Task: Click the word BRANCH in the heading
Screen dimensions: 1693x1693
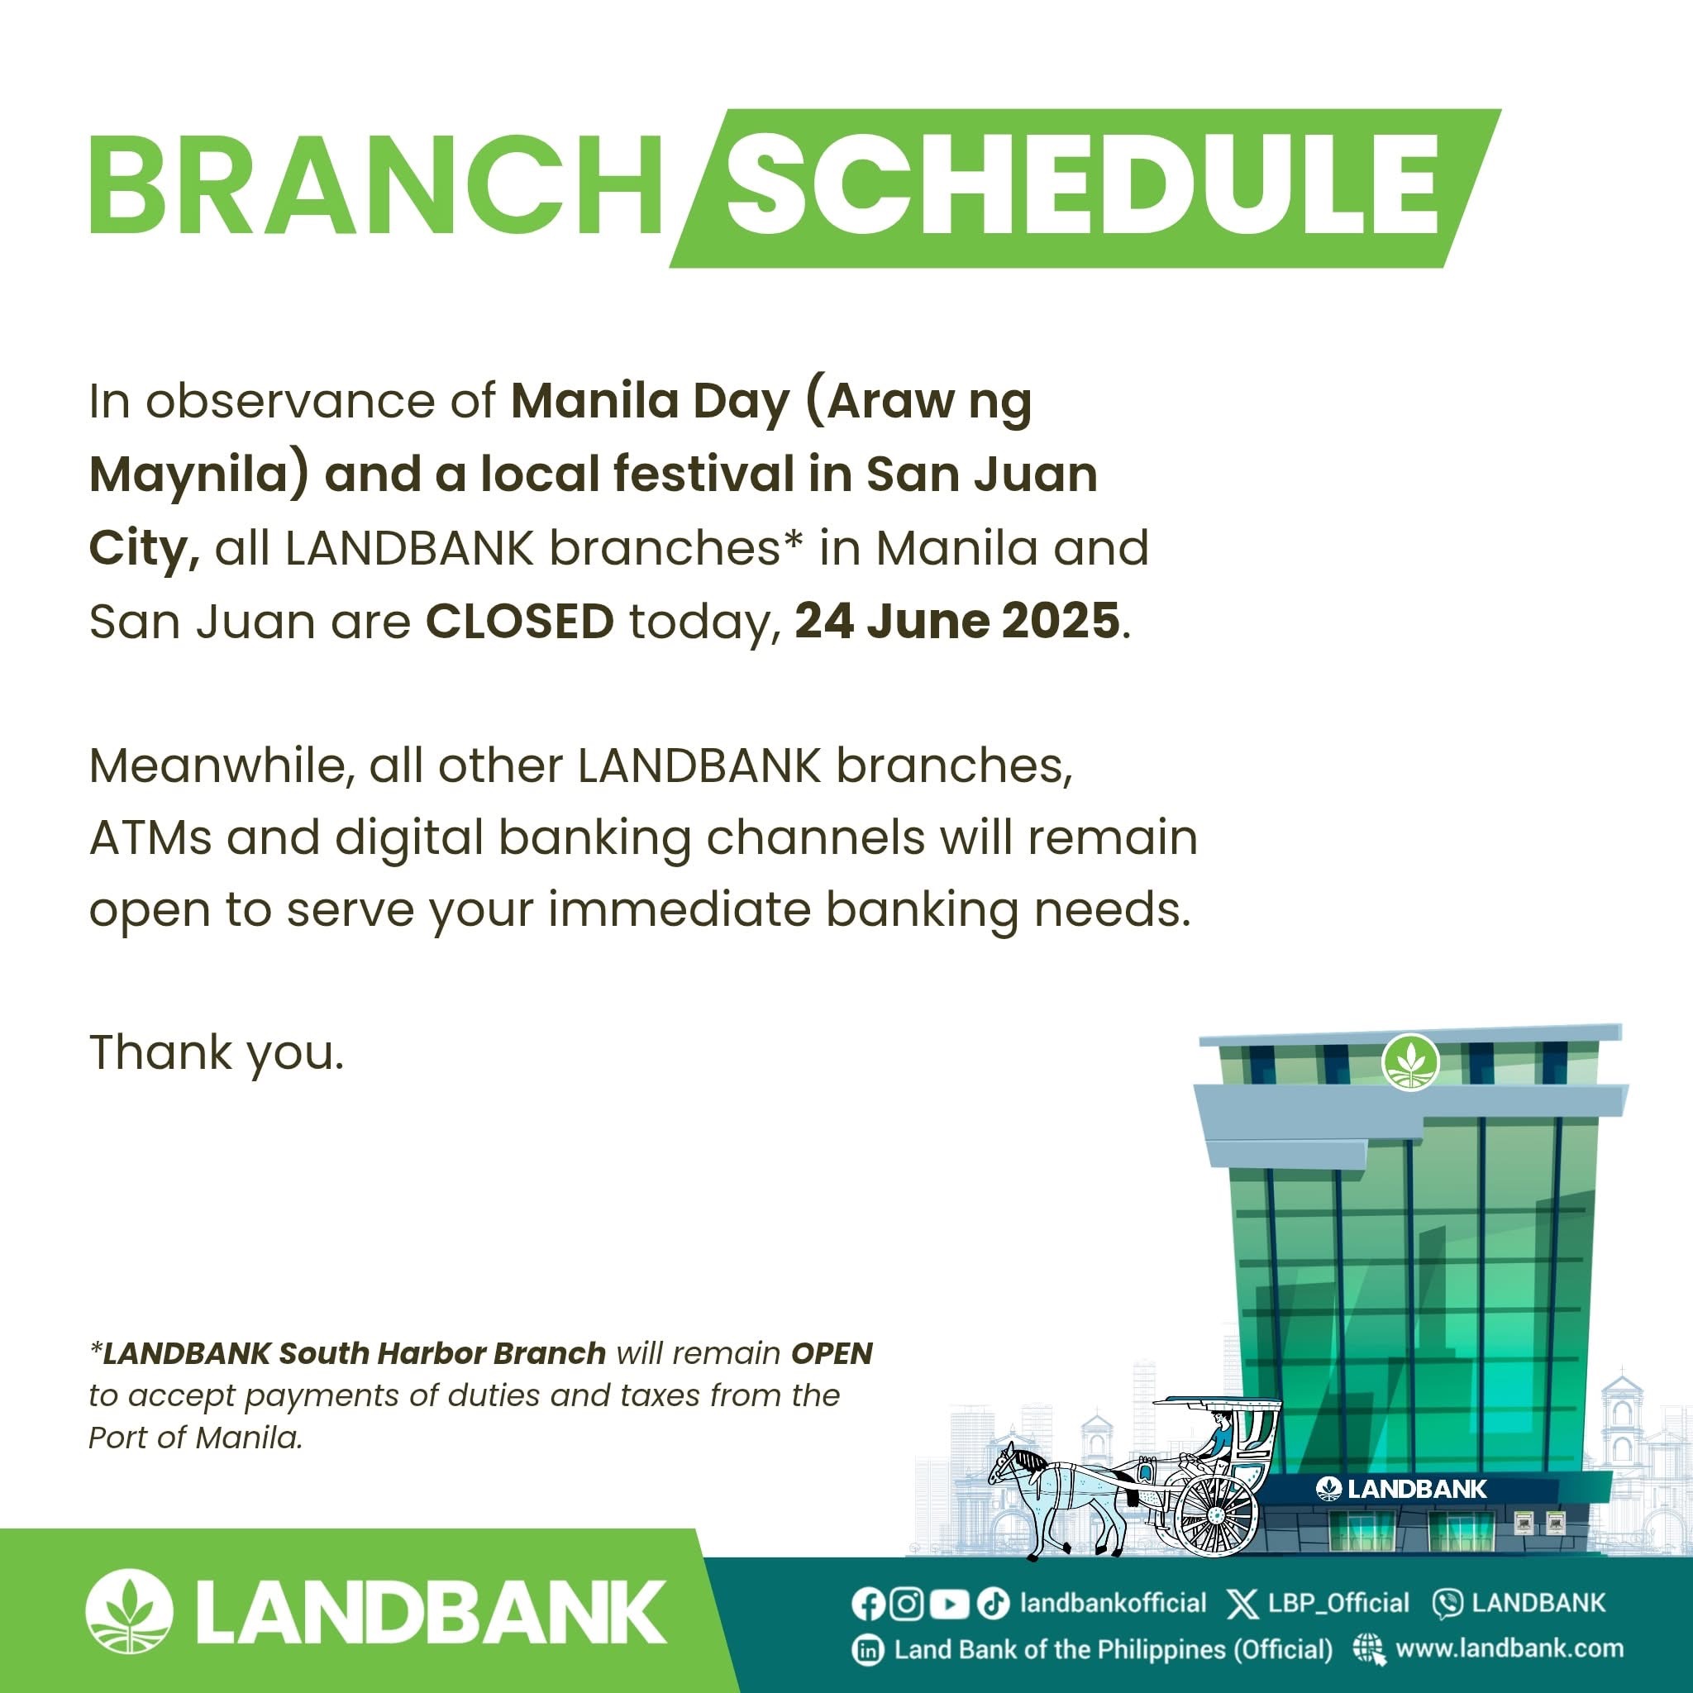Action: pyautogui.click(x=376, y=186)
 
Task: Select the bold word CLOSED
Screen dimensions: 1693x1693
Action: pyautogui.click(x=520, y=622)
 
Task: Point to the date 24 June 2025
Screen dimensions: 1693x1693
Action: pyautogui.click(x=957, y=622)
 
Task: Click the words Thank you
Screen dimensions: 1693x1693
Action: pyautogui.click(x=217, y=1053)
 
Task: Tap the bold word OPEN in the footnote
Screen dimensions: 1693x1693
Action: pyautogui.click(x=832, y=1354)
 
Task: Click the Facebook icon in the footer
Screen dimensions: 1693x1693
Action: pyautogui.click(x=866, y=1603)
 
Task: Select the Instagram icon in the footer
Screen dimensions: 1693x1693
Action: pyautogui.click(x=907, y=1603)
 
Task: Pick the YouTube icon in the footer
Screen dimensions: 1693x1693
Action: pyautogui.click(x=949, y=1604)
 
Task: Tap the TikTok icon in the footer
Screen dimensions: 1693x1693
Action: pyautogui.click(x=993, y=1603)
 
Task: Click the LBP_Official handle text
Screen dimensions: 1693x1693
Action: pyautogui.click(x=1338, y=1603)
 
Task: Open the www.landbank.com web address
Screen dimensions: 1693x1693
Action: pyautogui.click(x=1509, y=1648)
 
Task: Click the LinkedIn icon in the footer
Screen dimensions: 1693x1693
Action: pyautogui.click(x=867, y=1650)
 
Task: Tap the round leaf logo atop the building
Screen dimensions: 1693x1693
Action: pyautogui.click(x=1411, y=1061)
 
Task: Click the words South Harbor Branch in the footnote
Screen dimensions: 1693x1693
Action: pyautogui.click(x=442, y=1354)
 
